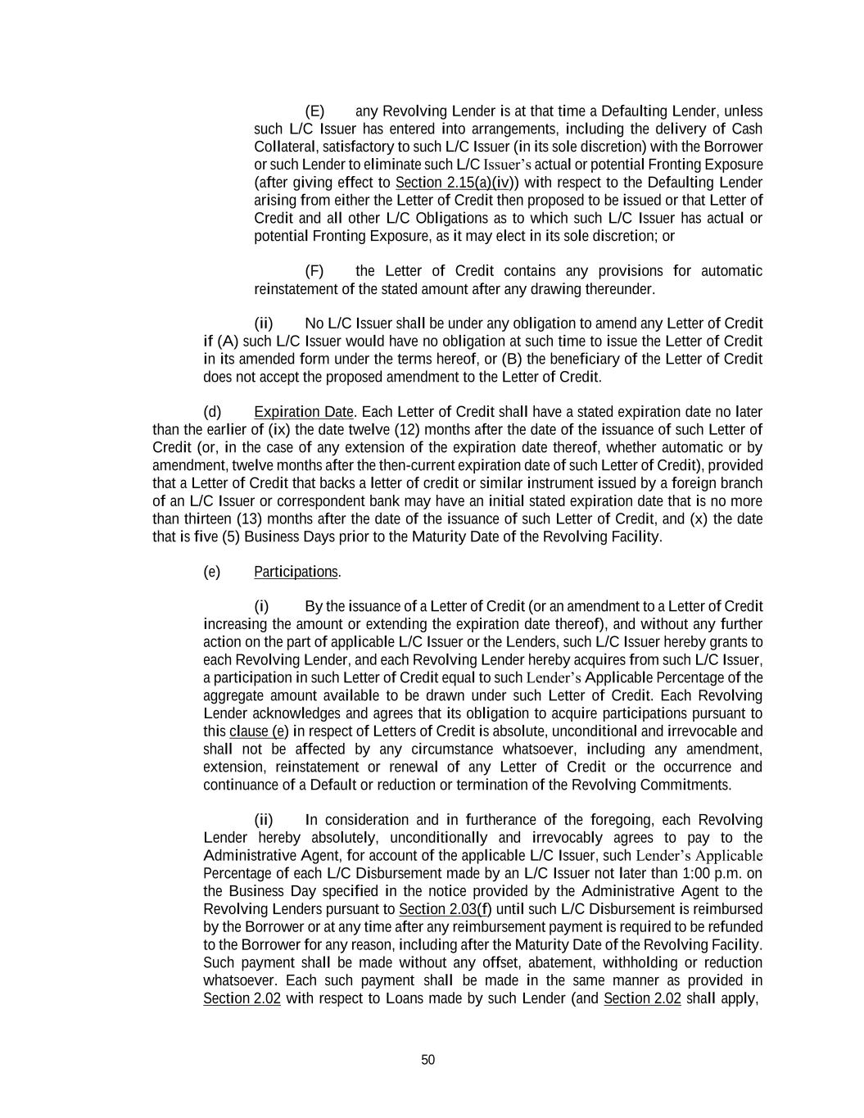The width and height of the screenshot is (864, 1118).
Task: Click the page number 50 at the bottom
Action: pos(427,1060)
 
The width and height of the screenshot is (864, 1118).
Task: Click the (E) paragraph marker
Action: pos(314,111)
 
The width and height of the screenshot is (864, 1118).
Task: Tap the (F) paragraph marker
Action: pos(314,271)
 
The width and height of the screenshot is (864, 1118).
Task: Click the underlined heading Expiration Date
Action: pos(304,412)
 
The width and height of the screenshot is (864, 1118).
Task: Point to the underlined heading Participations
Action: pos(296,572)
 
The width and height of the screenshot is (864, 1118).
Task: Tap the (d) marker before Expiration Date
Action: pos(212,412)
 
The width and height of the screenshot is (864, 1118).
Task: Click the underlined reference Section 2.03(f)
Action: pos(445,909)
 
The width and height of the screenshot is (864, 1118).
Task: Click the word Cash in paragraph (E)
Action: pos(746,129)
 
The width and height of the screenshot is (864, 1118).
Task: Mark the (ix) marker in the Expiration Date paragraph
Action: pos(303,430)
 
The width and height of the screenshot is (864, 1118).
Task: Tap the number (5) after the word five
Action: pos(231,537)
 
